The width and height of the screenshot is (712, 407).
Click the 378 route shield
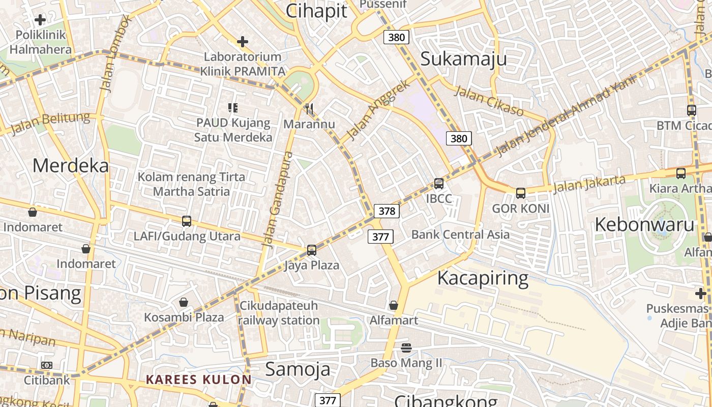[x=387, y=211]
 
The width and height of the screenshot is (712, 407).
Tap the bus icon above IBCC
[x=438, y=184]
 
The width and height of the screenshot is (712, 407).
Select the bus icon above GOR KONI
[x=520, y=193]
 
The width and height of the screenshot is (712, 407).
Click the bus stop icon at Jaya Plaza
[x=311, y=250]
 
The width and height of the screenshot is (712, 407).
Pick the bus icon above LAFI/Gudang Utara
[x=187, y=221]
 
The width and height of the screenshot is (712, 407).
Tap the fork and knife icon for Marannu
[x=308, y=108]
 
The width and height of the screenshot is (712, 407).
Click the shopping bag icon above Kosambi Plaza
[x=184, y=302]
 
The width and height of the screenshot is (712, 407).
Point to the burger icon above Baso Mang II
[x=406, y=348]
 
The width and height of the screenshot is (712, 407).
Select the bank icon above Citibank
[x=46, y=365]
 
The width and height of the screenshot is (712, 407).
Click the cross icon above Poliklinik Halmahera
[x=40, y=20]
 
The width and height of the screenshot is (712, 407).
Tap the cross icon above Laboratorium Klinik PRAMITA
[x=243, y=42]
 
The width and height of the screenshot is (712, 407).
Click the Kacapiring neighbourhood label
[x=483, y=278]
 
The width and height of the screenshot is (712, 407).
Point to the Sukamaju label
[x=463, y=59]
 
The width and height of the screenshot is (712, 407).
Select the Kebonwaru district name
[x=644, y=224]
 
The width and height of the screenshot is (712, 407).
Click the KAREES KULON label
[x=198, y=380]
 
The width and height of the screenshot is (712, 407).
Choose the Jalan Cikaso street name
[x=488, y=101]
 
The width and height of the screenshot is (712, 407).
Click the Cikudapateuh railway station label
[x=279, y=313]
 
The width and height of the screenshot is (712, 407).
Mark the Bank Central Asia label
[x=460, y=235]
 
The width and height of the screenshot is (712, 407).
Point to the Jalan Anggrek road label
[x=377, y=110]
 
